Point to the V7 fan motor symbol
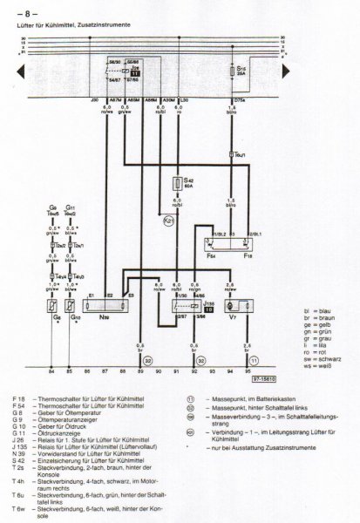click(x=231, y=308)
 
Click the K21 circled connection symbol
click(x=158, y=222)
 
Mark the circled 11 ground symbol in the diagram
click(x=254, y=359)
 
